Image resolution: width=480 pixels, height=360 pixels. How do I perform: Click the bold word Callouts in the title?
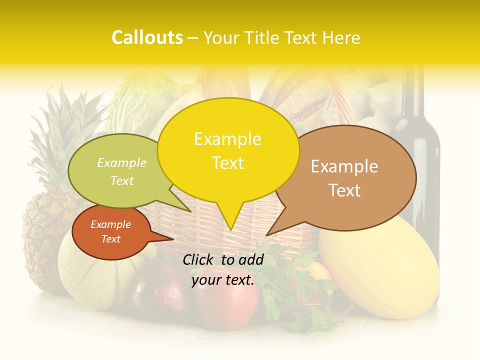click(x=147, y=37)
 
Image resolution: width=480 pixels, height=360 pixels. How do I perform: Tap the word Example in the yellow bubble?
click(x=227, y=139)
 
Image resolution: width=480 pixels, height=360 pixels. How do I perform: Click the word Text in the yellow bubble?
click(x=227, y=163)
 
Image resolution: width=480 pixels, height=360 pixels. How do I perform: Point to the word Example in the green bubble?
click(x=122, y=163)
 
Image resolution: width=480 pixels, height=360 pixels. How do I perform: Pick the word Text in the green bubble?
click(x=122, y=180)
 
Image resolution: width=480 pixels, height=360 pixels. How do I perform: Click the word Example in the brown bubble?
click(x=344, y=166)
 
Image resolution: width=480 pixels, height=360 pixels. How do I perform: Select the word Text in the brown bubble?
click(x=344, y=190)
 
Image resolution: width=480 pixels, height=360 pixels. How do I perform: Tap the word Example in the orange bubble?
click(x=111, y=224)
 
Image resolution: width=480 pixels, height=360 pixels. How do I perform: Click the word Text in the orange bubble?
click(x=111, y=239)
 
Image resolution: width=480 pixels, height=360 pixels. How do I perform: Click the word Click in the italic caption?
click(x=199, y=259)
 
